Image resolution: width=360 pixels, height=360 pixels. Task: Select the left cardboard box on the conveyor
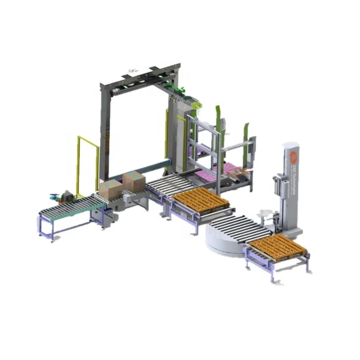111,189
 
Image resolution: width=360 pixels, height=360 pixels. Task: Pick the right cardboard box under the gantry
133,182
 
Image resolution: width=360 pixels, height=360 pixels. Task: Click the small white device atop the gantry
132,70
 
